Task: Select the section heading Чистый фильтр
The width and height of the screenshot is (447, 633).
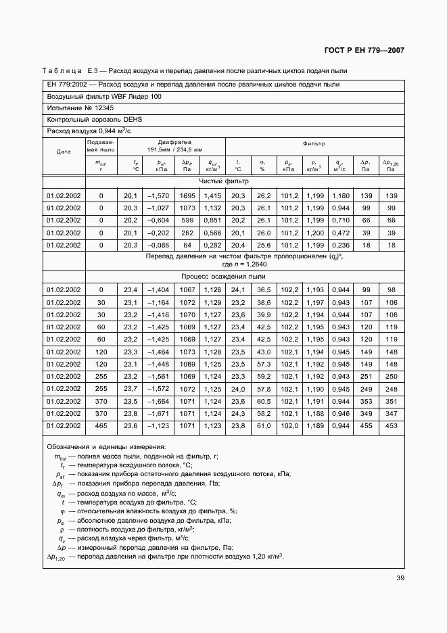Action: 224,181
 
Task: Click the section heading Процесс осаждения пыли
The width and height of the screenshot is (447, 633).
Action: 223,277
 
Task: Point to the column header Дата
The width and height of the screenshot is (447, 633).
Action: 64,151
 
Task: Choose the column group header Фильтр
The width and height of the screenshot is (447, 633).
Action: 314,143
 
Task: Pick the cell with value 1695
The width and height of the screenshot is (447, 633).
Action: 187,195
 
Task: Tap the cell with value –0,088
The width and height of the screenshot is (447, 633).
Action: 158,245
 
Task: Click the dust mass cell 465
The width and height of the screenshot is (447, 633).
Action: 101,425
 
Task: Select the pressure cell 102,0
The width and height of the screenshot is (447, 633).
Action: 289,425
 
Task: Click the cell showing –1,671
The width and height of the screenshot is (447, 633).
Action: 158,413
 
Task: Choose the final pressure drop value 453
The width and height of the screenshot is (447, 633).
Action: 391,425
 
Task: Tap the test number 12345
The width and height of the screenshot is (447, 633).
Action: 99,108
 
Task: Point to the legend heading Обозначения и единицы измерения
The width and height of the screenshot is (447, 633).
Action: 106,447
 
